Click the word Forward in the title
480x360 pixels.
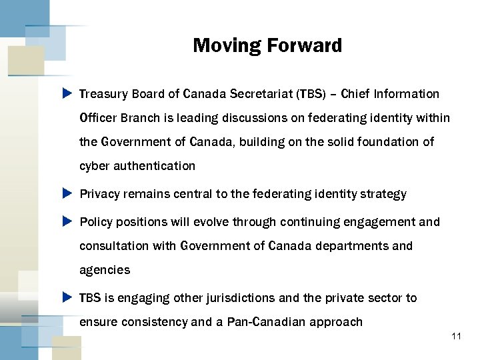304,46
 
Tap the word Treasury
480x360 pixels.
103,94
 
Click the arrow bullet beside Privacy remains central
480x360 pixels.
67,194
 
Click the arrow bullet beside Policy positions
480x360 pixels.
67,221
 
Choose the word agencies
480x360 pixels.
105,271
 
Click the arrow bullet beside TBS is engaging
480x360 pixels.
67,297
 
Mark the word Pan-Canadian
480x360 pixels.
263,322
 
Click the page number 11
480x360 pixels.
456,337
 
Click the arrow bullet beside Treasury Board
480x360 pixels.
67,94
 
